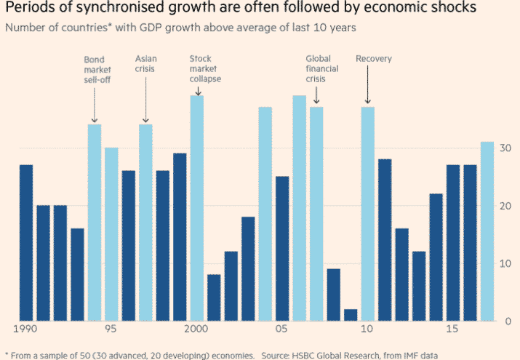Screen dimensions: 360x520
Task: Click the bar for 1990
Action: pyautogui.click(x=26, y=243)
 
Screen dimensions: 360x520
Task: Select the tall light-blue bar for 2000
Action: pyautogui.click(x=196, y=208)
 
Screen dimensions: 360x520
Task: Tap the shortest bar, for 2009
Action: pyautogui.click(x=350, y=315)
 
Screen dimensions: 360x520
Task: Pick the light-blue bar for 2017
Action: pyautogui.click(x=487, y=231)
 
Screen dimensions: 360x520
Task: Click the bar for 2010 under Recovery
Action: pyautogui.click(x=367, y=214)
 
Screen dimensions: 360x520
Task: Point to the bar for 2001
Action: pyautogui.click(x=214, y=297)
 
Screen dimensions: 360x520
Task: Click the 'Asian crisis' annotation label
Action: pyautogui.click(x=145, y=63)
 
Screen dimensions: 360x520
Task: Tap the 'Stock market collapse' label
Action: pyautogui.click(x=204, y=68)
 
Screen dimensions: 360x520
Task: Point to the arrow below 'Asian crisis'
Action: pyautogui.click(x=145, y=102)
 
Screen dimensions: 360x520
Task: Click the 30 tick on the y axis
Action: pyautogui.click(x=505, y=148)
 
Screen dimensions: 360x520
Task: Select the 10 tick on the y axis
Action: pyautogui.click(x=505, y=263)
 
